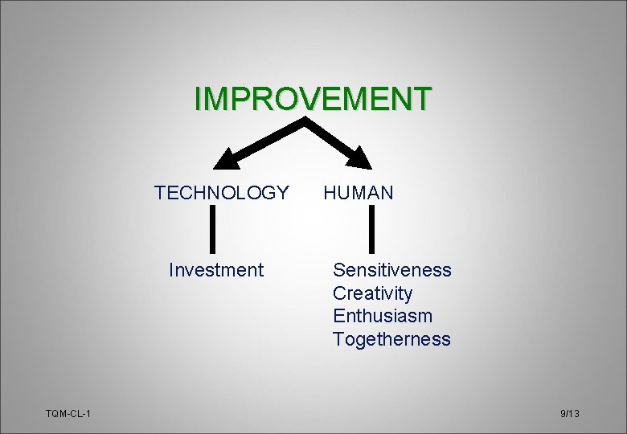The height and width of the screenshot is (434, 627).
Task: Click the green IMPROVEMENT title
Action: coord(313,98)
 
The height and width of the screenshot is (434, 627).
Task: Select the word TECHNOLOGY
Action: coord(222,193)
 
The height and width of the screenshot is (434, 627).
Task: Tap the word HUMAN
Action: coord(359,193)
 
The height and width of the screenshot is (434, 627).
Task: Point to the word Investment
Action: coord(216,270)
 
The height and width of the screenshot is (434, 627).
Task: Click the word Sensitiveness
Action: coord(392,270)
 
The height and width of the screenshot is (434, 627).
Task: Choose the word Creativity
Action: coord(372,293)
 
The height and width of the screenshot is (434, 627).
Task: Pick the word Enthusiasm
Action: coord(383,316)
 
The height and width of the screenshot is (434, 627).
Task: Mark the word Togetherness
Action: coord(392,339)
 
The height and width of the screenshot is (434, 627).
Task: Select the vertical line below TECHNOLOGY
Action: coord(213,229)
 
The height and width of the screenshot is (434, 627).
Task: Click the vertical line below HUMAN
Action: coord(372,229)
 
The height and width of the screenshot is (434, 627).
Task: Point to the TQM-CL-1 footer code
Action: coord(68,413)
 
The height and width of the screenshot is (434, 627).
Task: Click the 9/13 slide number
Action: coord(570,413)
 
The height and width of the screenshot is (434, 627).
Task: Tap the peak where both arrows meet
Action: coord(305,121)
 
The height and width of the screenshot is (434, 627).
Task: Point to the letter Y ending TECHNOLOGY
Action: coord(282,193)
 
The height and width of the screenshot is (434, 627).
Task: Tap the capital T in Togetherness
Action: coord(338,339)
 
